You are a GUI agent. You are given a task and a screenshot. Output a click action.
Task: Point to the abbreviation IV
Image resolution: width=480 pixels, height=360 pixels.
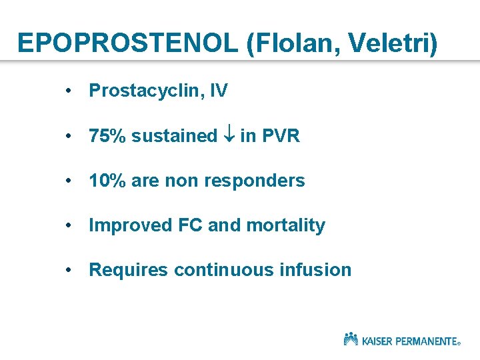(x=218, y=91)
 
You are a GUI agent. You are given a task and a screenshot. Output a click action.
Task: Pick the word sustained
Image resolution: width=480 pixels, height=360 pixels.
(x=174, y=136)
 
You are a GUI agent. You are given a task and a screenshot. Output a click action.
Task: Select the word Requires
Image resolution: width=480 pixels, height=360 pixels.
(x=128, y=270)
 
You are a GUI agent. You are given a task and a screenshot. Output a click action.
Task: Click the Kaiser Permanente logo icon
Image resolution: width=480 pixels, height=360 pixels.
(x=351, y=339)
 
